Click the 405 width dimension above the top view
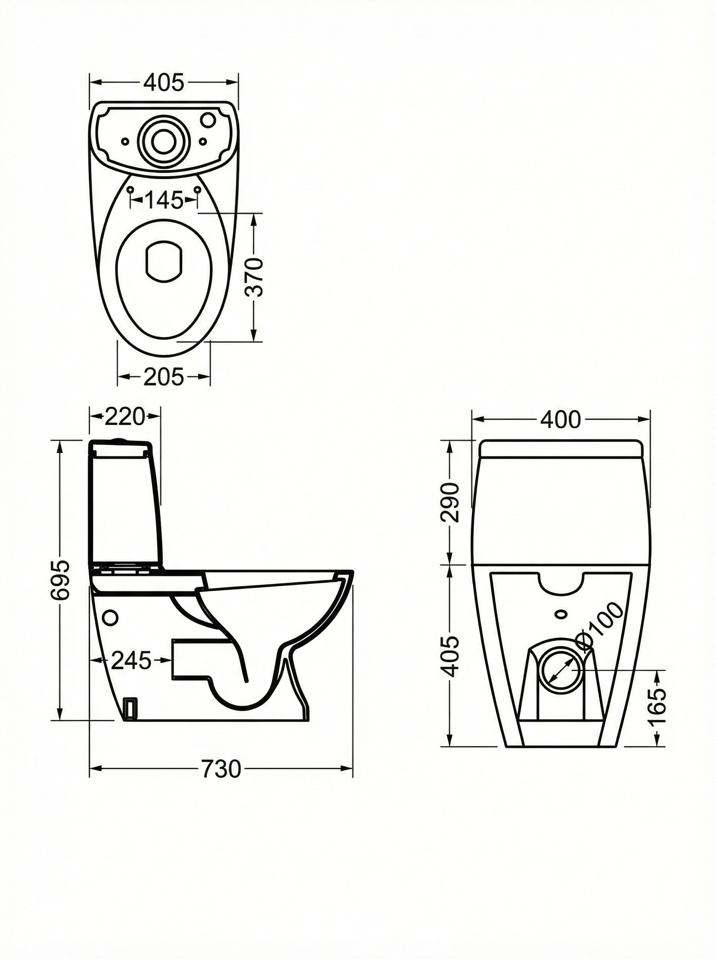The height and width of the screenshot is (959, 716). tap(164, 82)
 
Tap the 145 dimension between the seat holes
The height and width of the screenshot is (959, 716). tap(164, 200)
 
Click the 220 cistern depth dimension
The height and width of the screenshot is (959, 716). tap(124, 417)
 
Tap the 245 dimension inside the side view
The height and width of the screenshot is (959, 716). tap(131, 661)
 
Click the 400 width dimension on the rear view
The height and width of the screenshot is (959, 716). tap(561, 420)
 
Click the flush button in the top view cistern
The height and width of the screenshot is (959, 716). tap(164, 139)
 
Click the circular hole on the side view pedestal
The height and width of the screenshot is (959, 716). tap(111, 617)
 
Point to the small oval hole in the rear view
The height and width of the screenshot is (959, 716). tap(561, 614)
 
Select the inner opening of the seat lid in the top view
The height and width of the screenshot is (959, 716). tap(164, 262)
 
